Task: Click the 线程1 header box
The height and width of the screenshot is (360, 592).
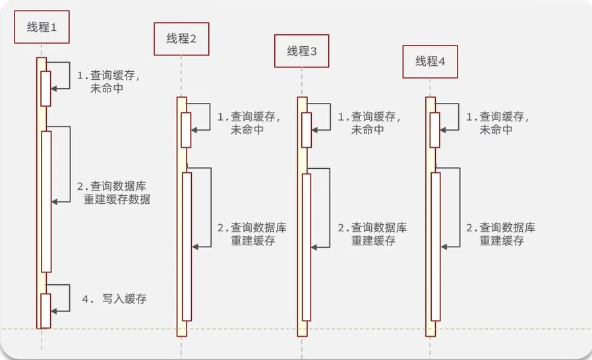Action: click(x=42, y=27)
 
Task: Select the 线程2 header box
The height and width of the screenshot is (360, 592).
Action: click(x=181, y=39)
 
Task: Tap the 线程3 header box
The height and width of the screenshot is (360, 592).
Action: click(x=302, y=51)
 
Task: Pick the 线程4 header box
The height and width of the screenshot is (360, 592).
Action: click(x=430, y=61)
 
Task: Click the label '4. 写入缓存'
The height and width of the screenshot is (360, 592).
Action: click(x=115, y=299)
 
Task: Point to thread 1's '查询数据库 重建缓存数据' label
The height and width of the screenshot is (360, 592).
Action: click(x=113, y=193)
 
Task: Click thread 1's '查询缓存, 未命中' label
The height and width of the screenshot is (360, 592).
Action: click(x=108, y=82)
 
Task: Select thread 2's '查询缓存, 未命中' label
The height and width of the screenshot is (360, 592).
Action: click(x=249, y=123)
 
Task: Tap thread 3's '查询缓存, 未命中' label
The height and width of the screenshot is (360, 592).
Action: click(x=369, y=123)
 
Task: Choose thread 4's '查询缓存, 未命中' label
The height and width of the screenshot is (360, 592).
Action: click(x=498, y=123)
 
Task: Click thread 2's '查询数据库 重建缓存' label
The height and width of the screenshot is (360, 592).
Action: click(x=252, y=234)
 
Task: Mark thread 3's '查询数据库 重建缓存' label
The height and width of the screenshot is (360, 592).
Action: click(x=372, y=234)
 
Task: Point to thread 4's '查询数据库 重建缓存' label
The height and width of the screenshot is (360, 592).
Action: click(x=500, y=234)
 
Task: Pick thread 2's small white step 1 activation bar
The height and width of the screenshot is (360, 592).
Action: click(x=186, y=130)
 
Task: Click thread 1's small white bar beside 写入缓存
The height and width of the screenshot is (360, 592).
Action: click(x=45, y=311)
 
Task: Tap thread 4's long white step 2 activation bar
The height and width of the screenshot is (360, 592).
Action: click(x=436, y=247)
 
